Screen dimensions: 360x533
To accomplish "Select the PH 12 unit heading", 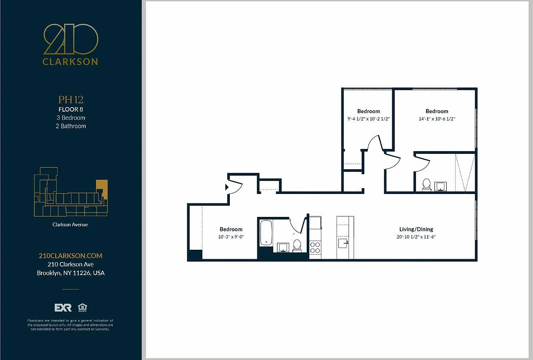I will tap(71, 99).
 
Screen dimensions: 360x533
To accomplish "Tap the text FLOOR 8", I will tap(71, 109).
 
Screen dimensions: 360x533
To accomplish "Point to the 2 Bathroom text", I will tap(71, 126).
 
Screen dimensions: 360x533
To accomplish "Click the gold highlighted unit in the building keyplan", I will tap(102, 186).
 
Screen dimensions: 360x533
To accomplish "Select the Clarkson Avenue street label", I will tap(71, 224).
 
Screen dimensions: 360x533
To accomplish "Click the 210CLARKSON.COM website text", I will tap(71, 256).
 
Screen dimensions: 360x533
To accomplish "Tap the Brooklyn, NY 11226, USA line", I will tap(71, 273).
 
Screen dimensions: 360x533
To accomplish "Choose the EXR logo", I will tap(63, 308).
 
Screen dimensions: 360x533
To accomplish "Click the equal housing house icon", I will tap(82, 308).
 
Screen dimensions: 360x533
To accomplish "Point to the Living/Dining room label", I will tap(416, 229).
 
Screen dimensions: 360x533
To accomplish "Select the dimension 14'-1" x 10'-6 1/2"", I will tap(437, 119).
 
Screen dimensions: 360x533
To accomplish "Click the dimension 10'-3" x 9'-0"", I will tap(231, 237).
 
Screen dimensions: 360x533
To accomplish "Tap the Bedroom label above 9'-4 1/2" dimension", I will tap(368, 111).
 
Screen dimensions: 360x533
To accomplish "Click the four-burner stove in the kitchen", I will tap(315, 247).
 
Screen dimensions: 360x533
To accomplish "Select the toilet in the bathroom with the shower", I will tap(426, 184).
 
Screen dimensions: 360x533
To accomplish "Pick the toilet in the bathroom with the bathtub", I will tap(297, 245).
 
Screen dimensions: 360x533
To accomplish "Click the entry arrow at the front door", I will tap(228, 186).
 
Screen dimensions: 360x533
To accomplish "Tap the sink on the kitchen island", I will tap(343, 243).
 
